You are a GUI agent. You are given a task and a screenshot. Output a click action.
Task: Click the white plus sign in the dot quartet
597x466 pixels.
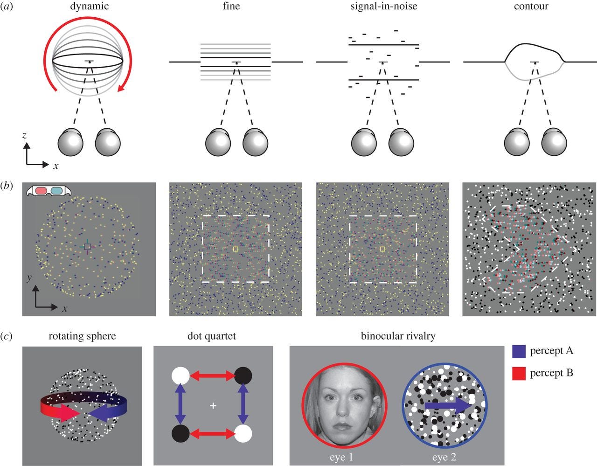point(213,406)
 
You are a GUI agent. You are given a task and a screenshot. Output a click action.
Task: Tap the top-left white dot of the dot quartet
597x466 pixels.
point(180,375)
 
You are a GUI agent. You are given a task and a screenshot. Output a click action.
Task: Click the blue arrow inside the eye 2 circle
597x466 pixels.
point(448,407)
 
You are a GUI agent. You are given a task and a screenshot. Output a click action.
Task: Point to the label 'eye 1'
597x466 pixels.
point(341,457)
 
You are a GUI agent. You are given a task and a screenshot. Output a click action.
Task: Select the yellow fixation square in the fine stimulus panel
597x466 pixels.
point(236,250)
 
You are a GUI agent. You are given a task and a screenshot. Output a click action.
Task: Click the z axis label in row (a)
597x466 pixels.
point(24,136)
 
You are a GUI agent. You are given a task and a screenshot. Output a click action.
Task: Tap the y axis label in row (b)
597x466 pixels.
point(29,278)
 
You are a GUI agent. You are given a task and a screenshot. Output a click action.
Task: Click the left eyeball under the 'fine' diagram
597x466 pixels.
point(219,143)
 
